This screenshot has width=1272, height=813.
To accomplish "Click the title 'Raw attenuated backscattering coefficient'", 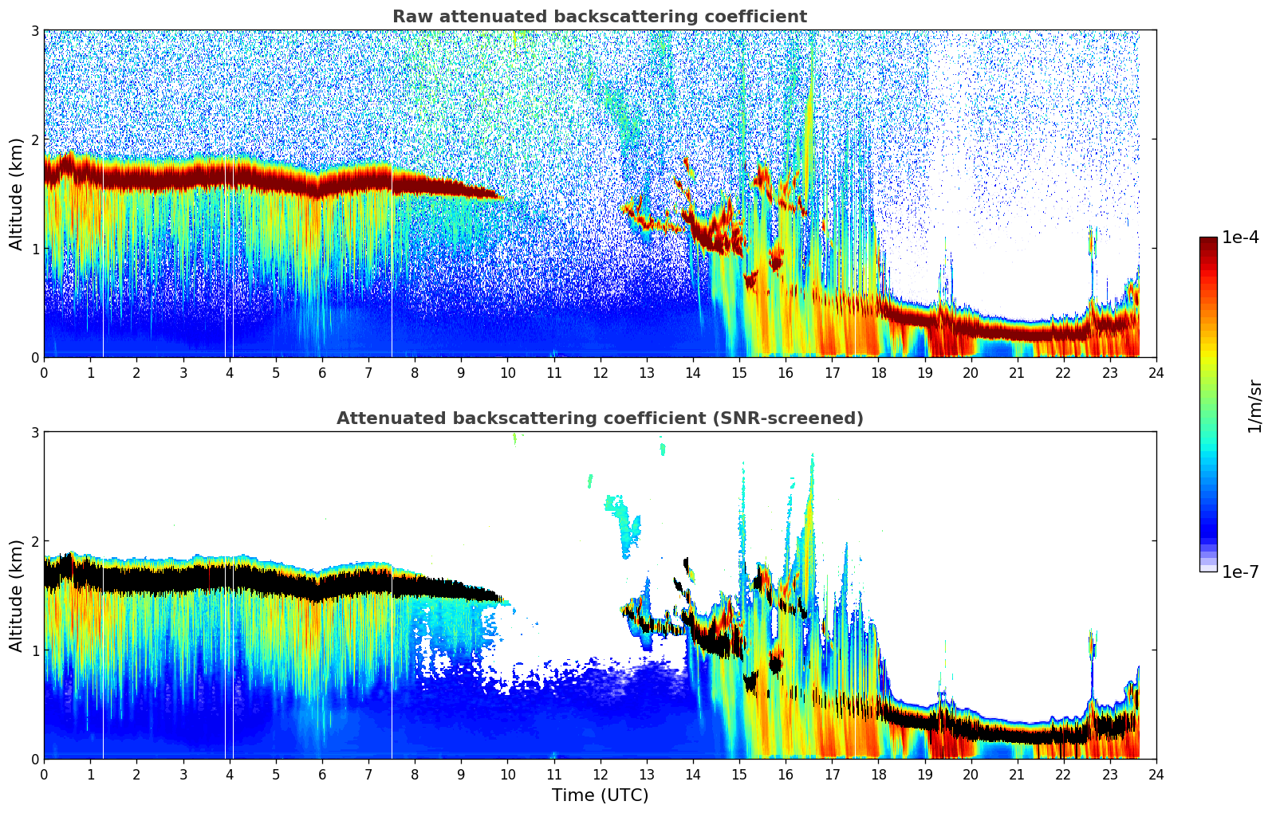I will (599, 17).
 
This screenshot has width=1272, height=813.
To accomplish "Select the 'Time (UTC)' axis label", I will (600, 795).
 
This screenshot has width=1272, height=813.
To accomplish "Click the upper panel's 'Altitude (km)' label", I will (16, 194).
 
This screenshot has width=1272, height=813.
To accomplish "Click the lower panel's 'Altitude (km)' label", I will (16, 595).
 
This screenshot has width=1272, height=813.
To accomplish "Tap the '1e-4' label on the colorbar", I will (1240, 238).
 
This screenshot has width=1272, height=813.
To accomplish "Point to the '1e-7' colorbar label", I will (1240, 571).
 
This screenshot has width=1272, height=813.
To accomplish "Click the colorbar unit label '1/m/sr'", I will (1254, 406).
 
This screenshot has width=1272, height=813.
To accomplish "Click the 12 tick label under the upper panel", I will (600, 372).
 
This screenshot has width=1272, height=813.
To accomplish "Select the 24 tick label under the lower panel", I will (1156, 774).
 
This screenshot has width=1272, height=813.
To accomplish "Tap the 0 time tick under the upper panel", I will (44, 372).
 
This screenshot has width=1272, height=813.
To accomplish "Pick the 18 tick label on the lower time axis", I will (878, 774).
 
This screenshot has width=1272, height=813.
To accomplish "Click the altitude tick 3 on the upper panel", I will (34, 30).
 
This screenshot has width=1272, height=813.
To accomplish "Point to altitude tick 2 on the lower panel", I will (34, 541).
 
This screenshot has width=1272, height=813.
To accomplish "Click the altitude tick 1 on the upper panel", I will (34, 249).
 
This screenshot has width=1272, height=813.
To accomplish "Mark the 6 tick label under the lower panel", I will (322, 774).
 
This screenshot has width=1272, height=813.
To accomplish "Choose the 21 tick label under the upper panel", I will (1017, 372).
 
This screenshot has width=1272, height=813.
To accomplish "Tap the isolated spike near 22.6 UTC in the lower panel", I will (1091, 646).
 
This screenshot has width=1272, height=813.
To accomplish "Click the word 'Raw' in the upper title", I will (409, 17).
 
